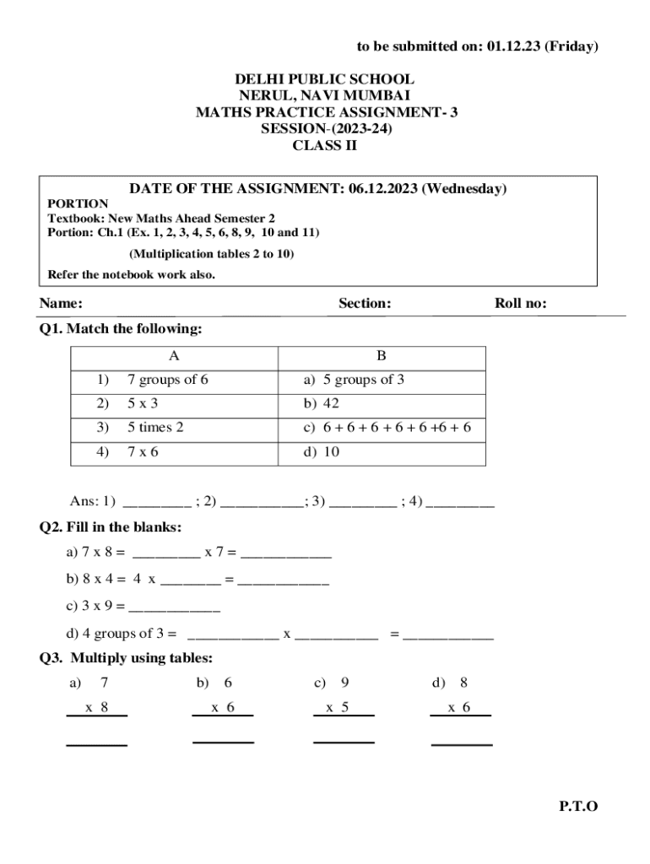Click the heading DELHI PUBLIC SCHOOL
click(x=324, y=80)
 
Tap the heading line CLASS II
click(x=324, y=145)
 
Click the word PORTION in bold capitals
click(x=78, y=203)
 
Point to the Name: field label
click(x=61, y=304)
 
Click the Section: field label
click(x=365, y=304)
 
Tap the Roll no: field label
click(x=521, y=304)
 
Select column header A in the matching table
click(x=174, y=356)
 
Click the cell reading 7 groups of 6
click(x=168, y=380)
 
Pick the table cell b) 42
click(x=321, y=404)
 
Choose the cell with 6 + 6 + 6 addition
click(x=387, y=428)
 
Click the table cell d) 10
click(x=321, y=452)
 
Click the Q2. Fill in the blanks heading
click(x=111, y=527)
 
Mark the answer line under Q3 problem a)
click(x=97, y=745)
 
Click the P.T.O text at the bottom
click(x=578, y=807)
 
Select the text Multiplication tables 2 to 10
click(x=212, y=253)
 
